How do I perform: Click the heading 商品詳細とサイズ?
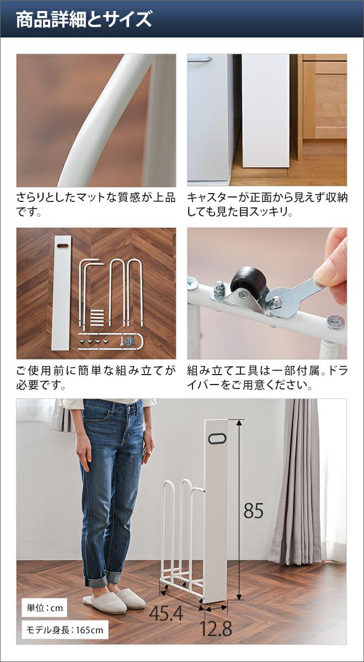pos(84,19)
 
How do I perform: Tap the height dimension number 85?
pos(254,510)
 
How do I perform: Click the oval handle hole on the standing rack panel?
pos(217,439)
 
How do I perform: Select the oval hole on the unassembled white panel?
pos(62,246)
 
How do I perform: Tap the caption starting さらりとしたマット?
pos(96,204)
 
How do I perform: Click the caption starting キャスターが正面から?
pos(267,204)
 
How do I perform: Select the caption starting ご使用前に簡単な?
pos(96,377)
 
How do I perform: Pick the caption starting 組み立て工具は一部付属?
pos(267,377)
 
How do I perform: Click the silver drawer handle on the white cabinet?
pos(200,59)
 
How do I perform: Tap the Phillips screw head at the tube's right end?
pos(336,322)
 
